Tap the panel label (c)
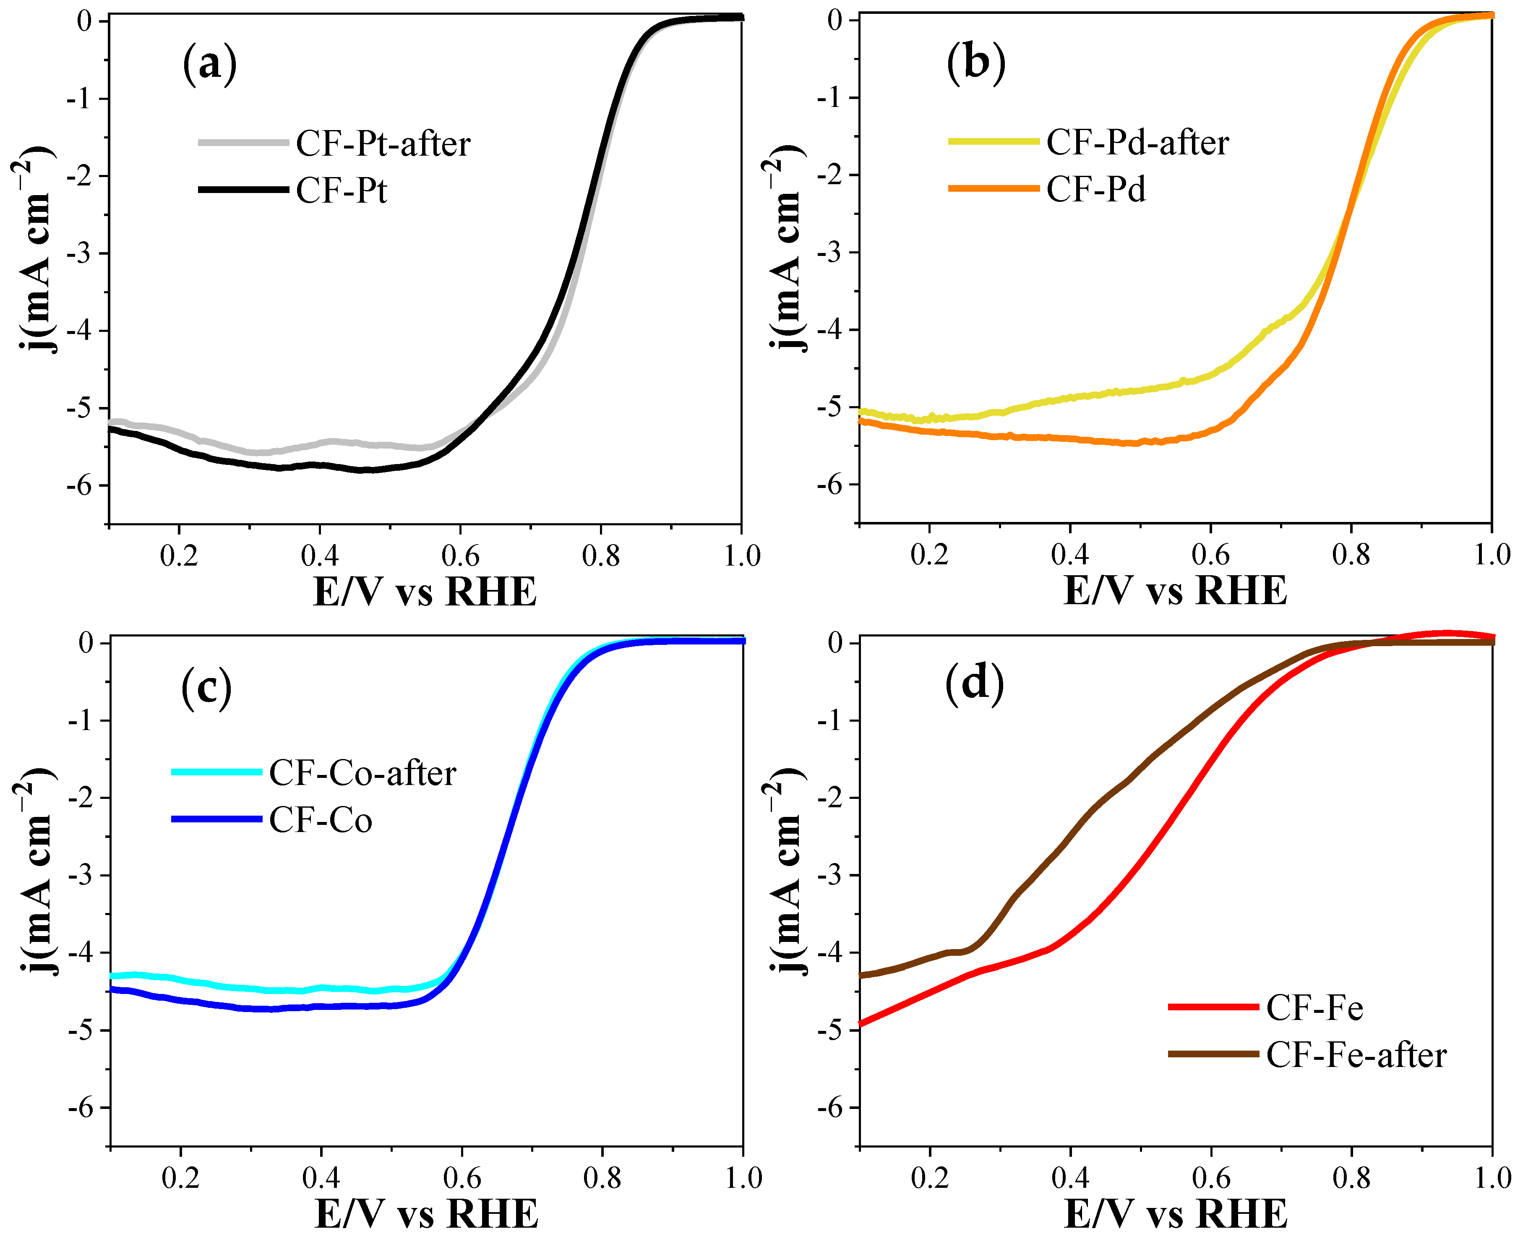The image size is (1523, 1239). click(x=206, y=688)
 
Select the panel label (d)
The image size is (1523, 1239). click(x=974, y=684)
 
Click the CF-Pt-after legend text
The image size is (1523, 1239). click(x=383, y=143)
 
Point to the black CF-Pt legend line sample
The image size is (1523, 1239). click(x=243, y=189)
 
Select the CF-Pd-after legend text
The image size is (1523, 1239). click(x=1137, y=142)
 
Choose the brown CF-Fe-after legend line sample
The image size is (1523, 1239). click(x=1213, y=1054)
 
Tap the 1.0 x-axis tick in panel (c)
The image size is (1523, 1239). click(x=743, y=1178)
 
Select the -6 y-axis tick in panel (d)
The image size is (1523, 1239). click(x=832, y=1108)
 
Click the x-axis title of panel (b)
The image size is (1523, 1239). click(x=1175, y=591)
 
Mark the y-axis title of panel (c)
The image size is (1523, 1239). click(x=34, y=872)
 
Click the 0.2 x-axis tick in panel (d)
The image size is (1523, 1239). click(x=929, y=1178)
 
